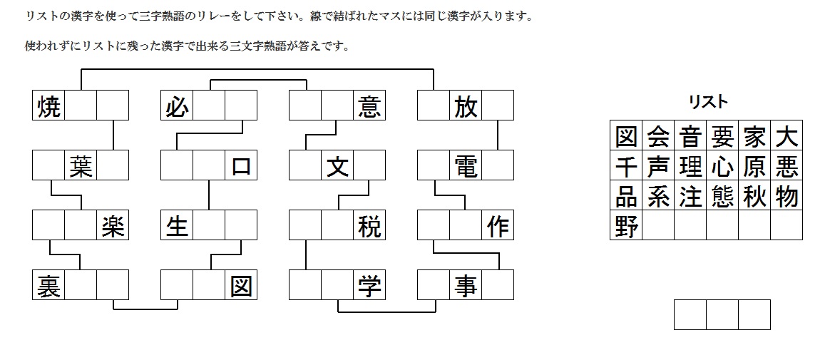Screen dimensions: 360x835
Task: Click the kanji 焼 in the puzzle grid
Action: [48, 106]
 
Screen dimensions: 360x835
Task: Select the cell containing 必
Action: [177, 106]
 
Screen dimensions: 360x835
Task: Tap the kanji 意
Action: [369, 106]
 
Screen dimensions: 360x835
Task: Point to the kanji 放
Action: [466, 106]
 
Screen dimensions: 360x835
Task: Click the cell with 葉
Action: [81, 165]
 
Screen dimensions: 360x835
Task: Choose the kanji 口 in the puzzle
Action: [241, 165]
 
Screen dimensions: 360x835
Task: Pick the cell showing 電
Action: [466, 165]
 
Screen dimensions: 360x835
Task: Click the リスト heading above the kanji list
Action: [707, 102]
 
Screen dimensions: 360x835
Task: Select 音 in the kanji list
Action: [690, 135]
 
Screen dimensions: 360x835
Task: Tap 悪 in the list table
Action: [787, 166]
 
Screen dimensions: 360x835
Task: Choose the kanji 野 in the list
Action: [626, 226]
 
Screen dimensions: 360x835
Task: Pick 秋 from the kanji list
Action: [754, 196]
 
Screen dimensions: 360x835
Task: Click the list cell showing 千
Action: [626, 166]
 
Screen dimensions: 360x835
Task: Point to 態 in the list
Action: [722, 196]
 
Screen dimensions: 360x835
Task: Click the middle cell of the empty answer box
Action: [722, 315]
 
